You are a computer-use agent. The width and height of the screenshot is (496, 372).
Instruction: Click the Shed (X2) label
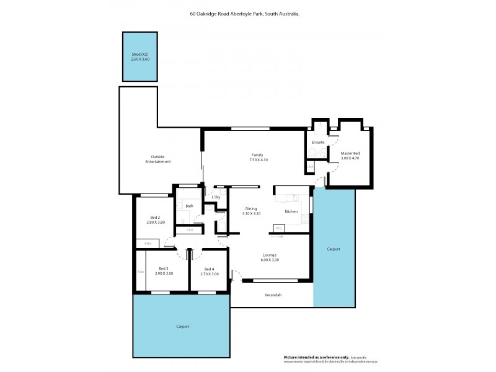[x=139, y=55]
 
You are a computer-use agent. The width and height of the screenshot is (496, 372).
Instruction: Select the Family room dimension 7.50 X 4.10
[x=256, y=159]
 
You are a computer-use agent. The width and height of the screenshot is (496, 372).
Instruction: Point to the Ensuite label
[x=318, y=142]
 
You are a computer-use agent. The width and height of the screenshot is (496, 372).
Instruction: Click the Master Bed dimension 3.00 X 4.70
[x=350, y=158]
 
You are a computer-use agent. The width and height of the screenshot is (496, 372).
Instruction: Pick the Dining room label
[x=251, y=208]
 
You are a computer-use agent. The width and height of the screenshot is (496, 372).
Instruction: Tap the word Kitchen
[x=291, y=211]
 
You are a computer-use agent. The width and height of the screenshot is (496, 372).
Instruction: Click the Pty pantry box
[x=278, y=228]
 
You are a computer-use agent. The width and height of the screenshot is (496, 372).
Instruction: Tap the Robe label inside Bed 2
[x=148, y=244]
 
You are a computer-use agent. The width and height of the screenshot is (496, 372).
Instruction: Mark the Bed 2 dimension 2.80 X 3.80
[x=156, y=222]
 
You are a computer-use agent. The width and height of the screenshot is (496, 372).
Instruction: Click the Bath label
[x=189, y=206]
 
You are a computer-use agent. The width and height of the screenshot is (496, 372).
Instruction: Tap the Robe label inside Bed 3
[x=140, y=272]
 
